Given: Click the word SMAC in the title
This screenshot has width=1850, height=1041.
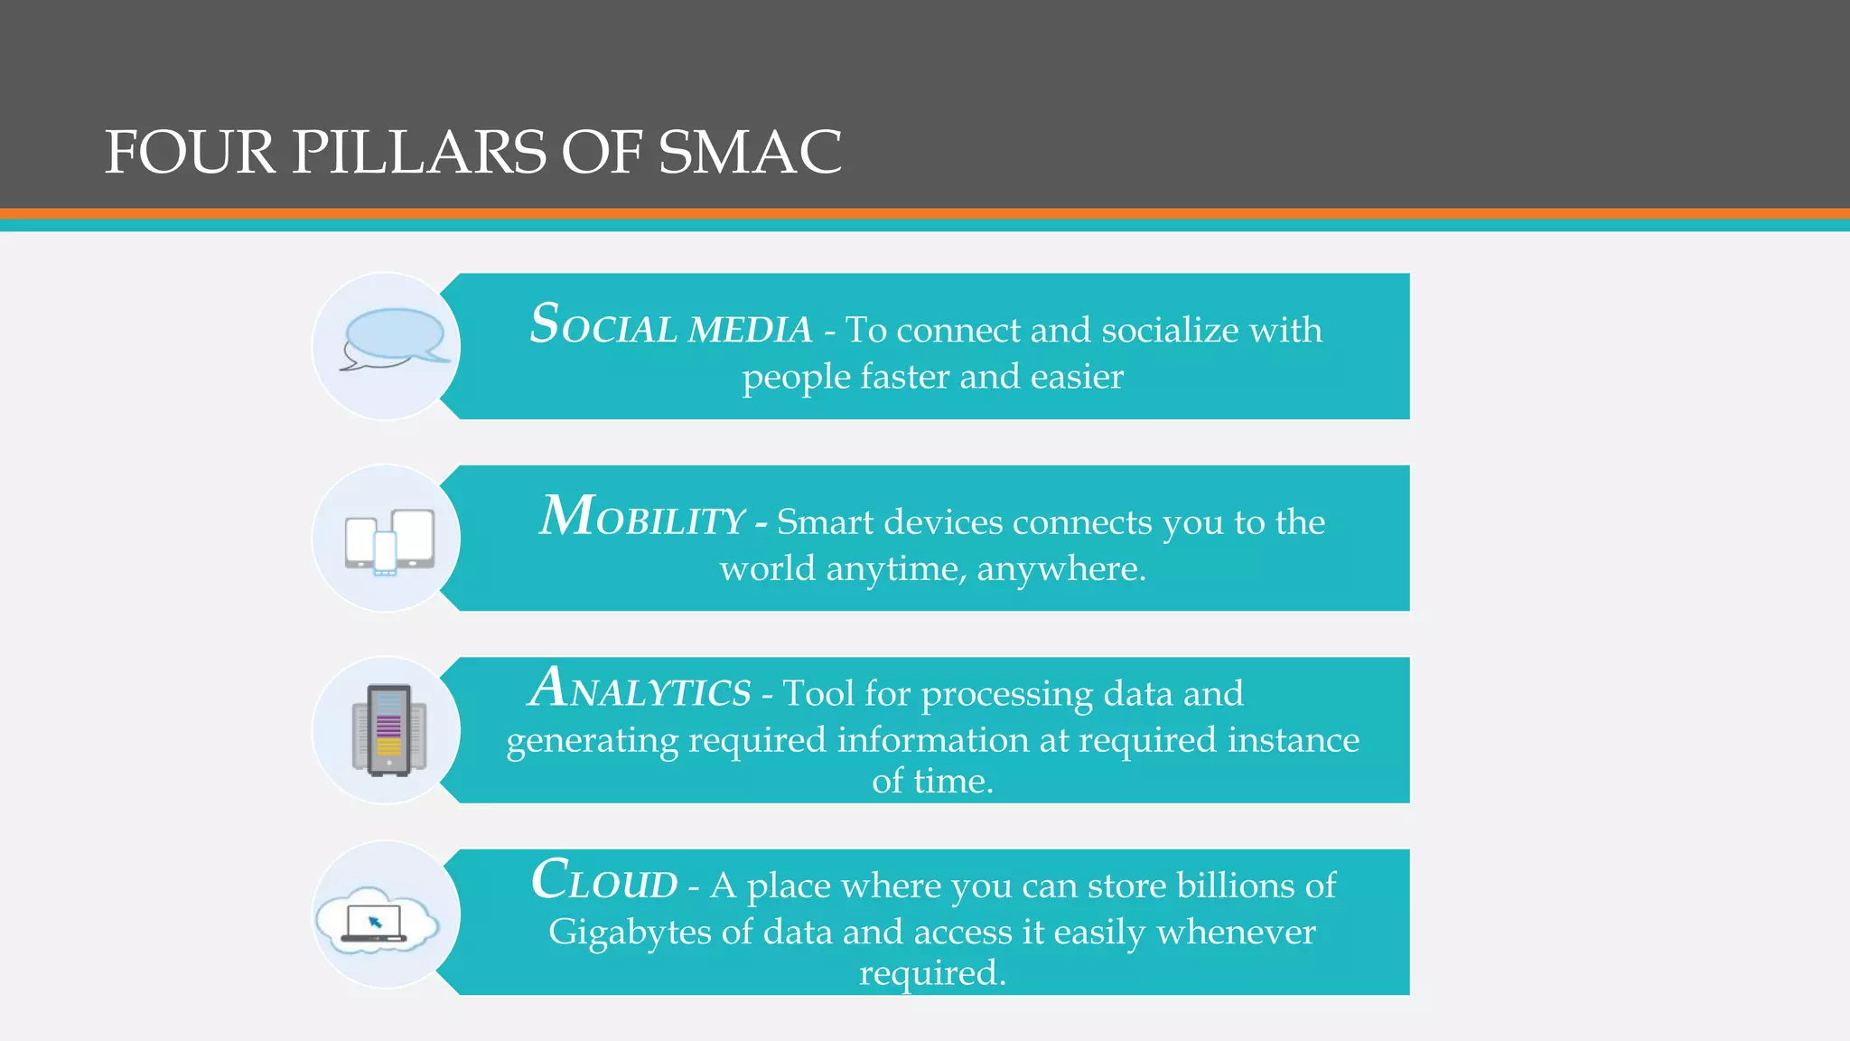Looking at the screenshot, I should tap(750, 152).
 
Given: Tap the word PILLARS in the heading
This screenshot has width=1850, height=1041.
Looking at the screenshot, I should tap(418, 152).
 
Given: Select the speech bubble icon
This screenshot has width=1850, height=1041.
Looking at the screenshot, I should tap(394, 339).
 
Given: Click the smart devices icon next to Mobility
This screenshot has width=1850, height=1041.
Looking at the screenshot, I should tap(389, 541).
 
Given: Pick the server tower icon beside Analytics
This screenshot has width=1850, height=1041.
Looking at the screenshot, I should tap(389, 730).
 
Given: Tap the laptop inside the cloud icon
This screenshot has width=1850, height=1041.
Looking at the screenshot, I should tap(374, 924).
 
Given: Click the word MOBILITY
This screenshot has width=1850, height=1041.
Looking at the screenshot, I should tap(642, 519).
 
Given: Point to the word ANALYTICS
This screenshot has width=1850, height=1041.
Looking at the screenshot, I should tap(640, 689).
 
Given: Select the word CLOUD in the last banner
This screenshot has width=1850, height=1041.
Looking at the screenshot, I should tap(604, 881).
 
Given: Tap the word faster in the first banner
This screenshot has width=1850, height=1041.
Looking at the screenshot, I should tap(904, 377).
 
